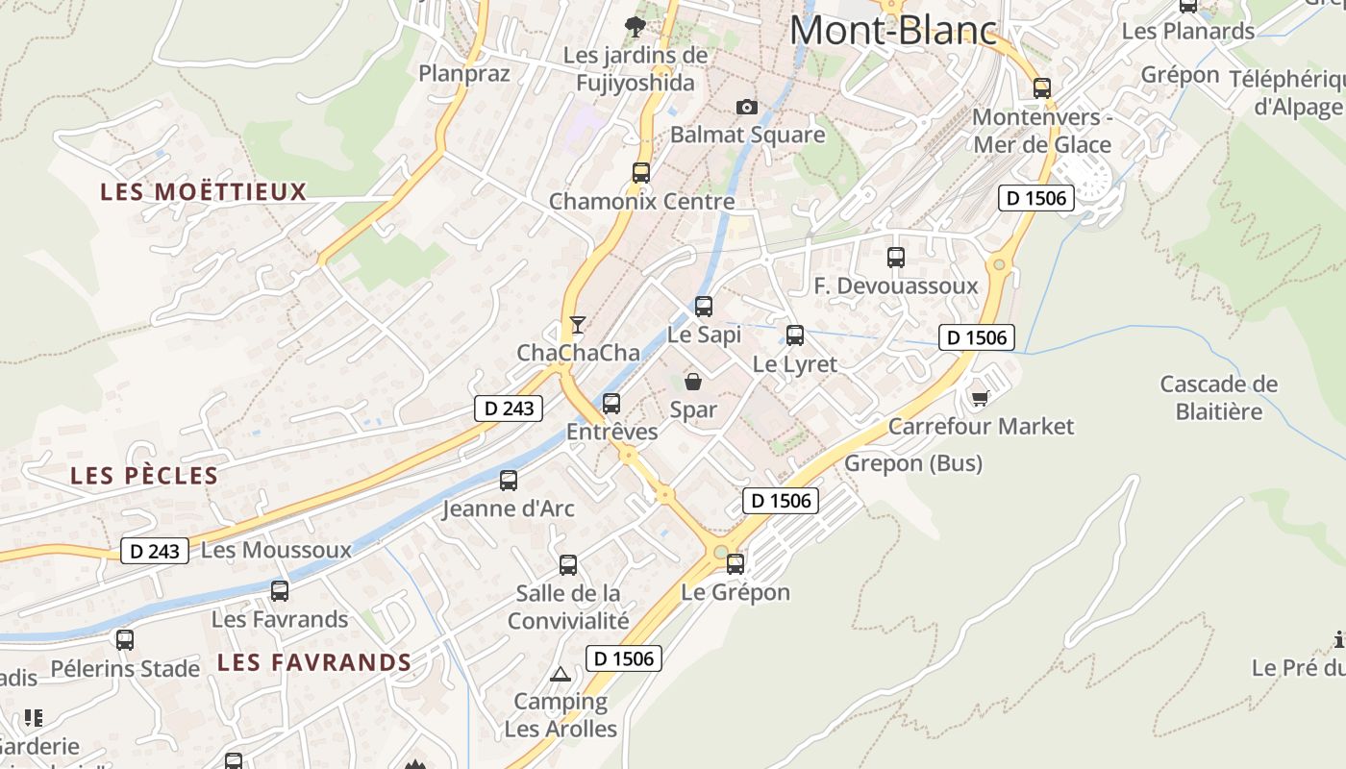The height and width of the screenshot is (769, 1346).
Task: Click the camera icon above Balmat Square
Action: point(746,107)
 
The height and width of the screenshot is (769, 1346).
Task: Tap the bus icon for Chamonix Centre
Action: point(641,173)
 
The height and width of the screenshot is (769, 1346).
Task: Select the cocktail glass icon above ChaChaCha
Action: point(577,324)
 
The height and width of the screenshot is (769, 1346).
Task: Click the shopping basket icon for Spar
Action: point(692,382)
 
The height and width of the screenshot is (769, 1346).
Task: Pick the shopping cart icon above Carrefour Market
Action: point(980,397)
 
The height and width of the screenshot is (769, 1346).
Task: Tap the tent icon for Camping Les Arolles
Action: point(561,673)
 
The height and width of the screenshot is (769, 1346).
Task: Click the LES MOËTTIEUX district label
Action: point(203,192)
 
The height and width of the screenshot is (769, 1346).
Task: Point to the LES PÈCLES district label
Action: point(144,476)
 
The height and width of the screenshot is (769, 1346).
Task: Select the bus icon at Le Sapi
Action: point(704,307)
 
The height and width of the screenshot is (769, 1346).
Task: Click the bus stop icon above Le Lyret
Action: point(795,335)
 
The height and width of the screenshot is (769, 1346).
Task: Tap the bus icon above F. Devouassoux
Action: point(896,258)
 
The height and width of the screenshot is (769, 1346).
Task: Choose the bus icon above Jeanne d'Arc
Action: point(509,481)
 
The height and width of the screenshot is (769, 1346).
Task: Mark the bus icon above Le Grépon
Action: point(735,564)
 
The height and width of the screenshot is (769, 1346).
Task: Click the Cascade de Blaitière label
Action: point(1218,398)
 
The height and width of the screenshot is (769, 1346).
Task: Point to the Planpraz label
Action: point(463,73)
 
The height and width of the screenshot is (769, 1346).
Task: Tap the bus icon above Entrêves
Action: point(611,404)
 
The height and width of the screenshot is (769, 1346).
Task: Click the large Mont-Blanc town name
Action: point(892,31)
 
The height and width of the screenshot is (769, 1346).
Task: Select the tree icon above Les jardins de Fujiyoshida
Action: point(635,26)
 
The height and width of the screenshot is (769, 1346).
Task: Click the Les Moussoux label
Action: point(276,550)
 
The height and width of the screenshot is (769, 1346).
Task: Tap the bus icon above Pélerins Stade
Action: point(125,640)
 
